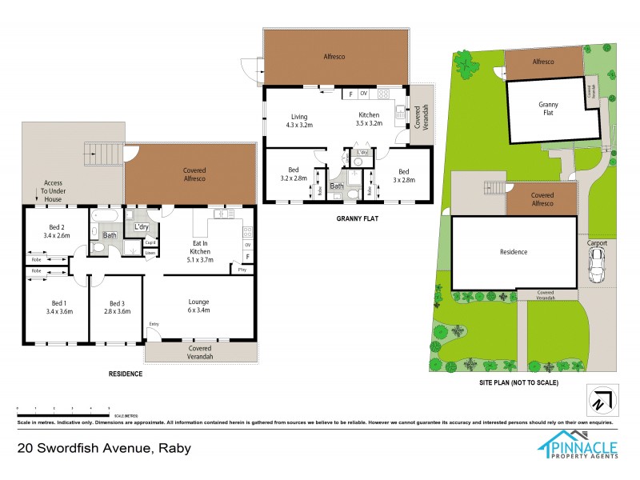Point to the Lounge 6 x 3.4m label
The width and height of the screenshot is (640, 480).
coord(198,306)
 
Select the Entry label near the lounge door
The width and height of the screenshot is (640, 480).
coord(154,324)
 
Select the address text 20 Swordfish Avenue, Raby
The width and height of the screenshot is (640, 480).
coord(104,449)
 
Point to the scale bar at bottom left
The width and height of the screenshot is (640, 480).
coord(62,409)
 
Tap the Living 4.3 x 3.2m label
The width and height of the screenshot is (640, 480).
coord(300,120)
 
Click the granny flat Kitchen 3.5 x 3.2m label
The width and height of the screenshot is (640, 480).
coord(369,120)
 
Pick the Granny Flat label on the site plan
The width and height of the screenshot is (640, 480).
coord(548,109)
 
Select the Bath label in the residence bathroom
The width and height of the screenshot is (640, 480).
coord(109,235)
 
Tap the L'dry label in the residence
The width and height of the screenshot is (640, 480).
coord(142,227)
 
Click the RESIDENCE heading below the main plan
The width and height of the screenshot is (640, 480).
coord(126,374)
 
